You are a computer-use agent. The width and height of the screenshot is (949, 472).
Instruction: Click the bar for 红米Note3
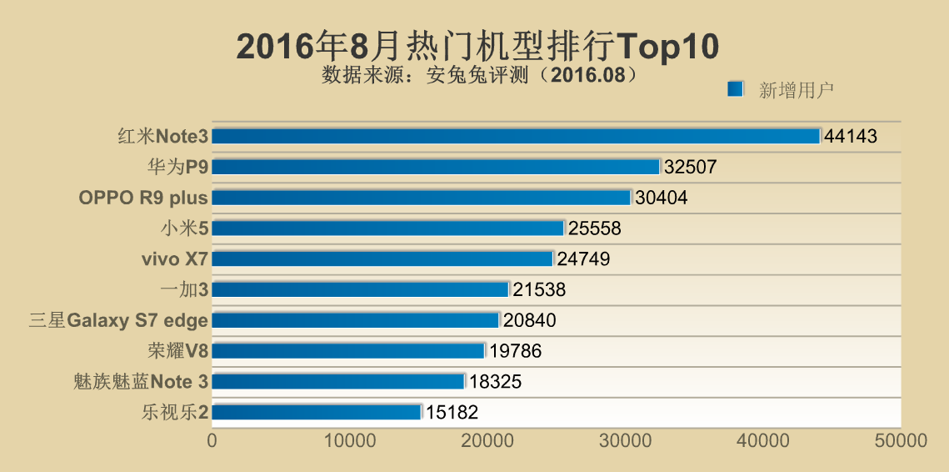coord(516,136)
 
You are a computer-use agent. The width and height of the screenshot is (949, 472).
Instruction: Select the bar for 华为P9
coord(435,167)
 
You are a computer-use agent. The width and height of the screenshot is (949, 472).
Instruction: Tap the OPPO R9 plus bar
coord(421,198)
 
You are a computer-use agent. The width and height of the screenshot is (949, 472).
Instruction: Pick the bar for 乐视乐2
coord(317,411)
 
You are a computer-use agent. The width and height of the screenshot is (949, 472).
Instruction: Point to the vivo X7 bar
coord(382,259)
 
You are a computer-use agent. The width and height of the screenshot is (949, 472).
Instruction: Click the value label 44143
coord(851,136)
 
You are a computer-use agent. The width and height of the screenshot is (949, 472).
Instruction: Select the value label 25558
coord(594,228)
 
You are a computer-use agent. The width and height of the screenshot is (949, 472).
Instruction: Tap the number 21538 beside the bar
coord(539,289)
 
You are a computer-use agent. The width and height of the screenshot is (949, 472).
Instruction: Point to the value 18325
coord(495,381)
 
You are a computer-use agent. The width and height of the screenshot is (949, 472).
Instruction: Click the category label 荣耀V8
coord(175,350)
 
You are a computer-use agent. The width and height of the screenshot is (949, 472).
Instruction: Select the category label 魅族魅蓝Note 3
coord(140,381)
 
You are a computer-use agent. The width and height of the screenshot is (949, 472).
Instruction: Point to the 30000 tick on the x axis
coord(625,440)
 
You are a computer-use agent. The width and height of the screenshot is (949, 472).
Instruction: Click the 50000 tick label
coord(900,440)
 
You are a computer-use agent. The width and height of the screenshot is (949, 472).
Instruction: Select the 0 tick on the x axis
coord(212,440)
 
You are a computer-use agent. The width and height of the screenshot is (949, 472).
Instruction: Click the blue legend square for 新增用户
coord(735,89)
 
